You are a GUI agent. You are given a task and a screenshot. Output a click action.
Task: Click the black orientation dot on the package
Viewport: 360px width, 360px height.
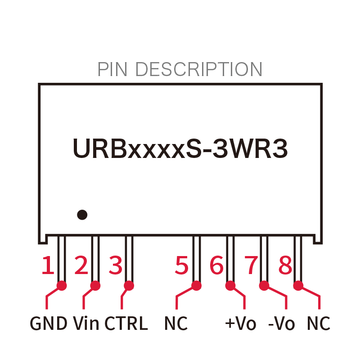click(x=82, y=215)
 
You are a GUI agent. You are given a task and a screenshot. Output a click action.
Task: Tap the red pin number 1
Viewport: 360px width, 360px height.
click(x=48, y=265)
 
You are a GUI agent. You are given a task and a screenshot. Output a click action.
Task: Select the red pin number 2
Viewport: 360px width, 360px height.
click(x=81, y=265)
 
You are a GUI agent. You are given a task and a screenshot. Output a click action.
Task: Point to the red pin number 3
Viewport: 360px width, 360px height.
click(x=115, y=265)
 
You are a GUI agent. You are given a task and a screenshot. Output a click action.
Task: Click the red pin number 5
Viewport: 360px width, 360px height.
click(x=182, y=265)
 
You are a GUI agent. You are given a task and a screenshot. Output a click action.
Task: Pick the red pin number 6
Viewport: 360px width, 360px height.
click(x=216, y=265)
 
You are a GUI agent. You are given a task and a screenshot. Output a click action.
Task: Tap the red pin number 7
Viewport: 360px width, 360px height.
click(x=251, y=265)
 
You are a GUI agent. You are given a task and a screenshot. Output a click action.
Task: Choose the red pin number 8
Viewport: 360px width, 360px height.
click(x=285, y=265)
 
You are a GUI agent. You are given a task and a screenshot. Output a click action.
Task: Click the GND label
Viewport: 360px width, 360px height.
click(x=49, y=323)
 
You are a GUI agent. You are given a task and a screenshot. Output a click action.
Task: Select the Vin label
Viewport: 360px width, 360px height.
click(x=86, y=323)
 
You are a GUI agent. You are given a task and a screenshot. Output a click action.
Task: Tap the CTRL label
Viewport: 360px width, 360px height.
click(x=126, y=323)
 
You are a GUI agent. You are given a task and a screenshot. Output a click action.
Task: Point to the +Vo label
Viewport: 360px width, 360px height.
click(x=241, y=323)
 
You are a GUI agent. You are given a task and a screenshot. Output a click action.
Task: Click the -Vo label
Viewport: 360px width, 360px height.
click(x=282, y=323)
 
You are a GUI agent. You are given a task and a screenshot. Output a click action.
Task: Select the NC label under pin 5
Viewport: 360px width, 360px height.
click(x=176, y=323)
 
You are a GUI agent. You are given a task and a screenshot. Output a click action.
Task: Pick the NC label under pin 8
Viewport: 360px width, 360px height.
click(x=319, y=323)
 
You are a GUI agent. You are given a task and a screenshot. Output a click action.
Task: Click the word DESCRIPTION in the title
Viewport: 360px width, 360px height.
click(x=199, y=69)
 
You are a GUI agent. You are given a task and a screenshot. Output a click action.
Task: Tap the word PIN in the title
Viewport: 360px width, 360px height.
click(x=112, y=69)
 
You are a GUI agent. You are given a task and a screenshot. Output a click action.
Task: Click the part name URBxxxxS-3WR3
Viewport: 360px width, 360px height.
click(x=180, y=148)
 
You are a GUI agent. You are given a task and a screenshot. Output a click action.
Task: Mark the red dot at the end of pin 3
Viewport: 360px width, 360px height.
click(x=129, y=286)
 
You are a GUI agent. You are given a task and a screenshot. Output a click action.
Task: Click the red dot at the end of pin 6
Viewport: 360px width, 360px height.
click(x=230, y=286)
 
